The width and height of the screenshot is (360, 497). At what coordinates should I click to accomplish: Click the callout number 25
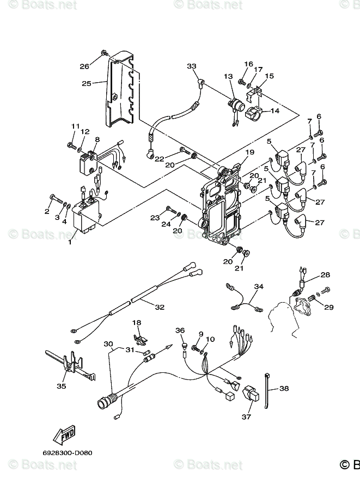87,83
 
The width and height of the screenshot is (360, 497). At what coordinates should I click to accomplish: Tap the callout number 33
191,66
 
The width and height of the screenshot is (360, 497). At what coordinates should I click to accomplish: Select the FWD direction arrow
64,434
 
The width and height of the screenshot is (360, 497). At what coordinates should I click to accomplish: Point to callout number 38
284,389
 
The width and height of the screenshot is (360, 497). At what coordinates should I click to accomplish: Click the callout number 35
61,386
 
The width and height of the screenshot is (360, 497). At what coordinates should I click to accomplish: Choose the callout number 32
159,307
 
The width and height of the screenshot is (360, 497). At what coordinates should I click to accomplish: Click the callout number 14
274,111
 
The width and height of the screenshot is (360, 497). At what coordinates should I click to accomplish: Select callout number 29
328,308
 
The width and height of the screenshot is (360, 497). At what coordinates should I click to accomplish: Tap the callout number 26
84,66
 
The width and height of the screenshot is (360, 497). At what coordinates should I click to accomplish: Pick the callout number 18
137,323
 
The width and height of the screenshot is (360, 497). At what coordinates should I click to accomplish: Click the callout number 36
180,330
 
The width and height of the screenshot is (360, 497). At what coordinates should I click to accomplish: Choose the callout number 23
155,218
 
